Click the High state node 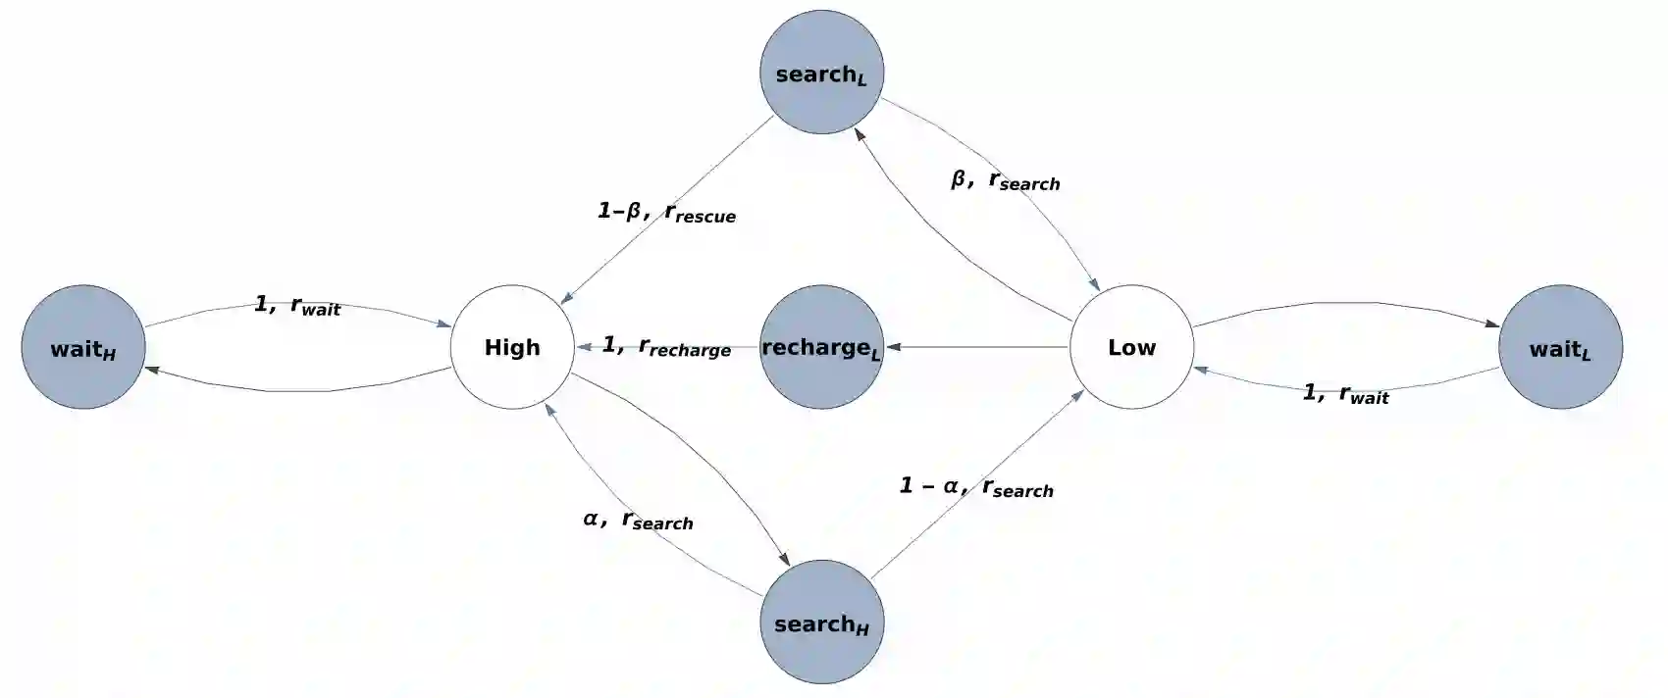(512, 347)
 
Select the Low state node (1131, 347)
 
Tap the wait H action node (83, 347)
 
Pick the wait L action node (1560, 347)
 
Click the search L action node (821, 73)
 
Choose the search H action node (821, 622)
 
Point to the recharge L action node (821, 347)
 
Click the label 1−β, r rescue (666, 212)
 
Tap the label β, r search (1006, 180)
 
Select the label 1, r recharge (666, 346)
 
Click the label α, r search (638, 520)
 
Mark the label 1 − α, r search (976, 487)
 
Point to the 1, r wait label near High (297, 306)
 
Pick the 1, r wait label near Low (1345, 394)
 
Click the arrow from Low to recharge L (981, 347)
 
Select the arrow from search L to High (667, 210)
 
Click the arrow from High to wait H (294, 391)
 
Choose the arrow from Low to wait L (1344, 303)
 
